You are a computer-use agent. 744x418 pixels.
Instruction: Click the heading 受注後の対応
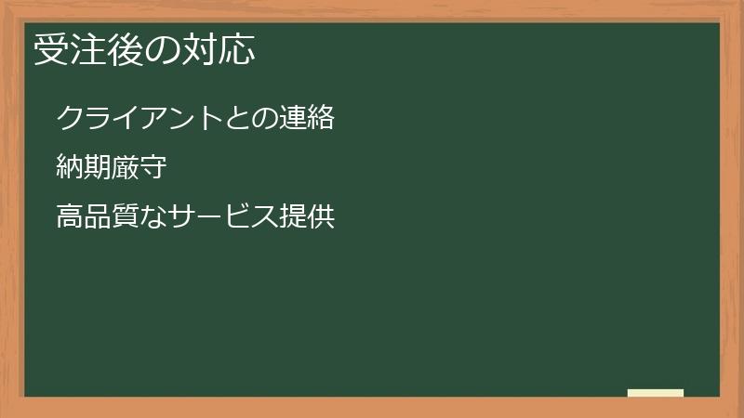pyautogui.click(x=144, y=51)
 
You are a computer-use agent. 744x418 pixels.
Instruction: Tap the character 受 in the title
pyautogui.click(x=51, y=51)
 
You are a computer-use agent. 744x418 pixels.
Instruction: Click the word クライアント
pyautogui.click(x=139, y=119)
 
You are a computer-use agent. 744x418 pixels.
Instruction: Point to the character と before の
pyautogui.click(x=237, y=119)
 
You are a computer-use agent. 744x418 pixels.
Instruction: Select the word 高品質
pyautogui.click(x=98, y=219)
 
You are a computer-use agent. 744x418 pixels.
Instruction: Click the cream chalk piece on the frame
pyautogui.click(x=656, y=393)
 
